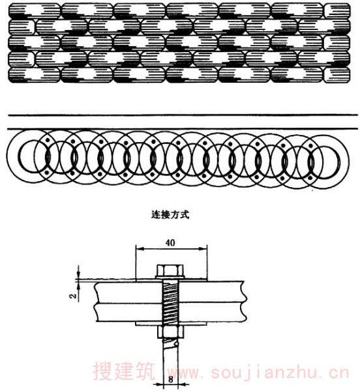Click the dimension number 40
click(170, 243)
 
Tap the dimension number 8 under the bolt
click(170, 380)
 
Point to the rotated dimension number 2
click(73, 296)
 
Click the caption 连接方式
click(170, 214)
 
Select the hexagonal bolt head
click(170, 270)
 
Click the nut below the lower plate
click(170, 332)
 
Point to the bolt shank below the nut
click(170, 359)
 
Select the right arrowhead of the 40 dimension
click(203, 248)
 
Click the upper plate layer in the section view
click(170, 292)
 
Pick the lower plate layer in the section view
click(170, 312)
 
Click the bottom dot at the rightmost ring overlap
click(310, 178)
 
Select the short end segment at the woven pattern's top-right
click(337, 11)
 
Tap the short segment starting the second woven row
click(22, 27)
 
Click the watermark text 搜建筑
click(124, 371)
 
